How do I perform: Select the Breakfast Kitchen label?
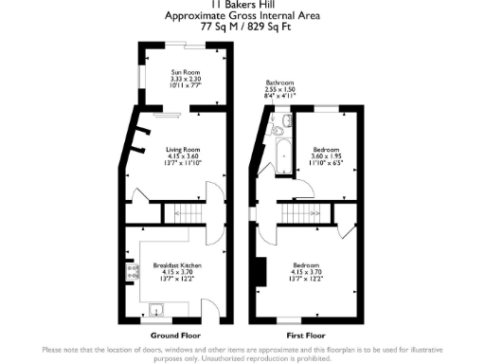coord(177,265)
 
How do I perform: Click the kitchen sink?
coord(157,308)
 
